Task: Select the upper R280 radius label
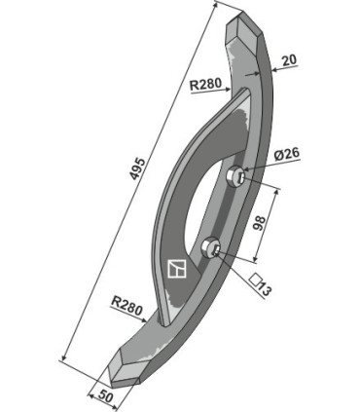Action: pos(205,85)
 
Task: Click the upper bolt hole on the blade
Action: pos(235,177)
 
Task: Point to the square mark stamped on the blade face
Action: pos(176,267)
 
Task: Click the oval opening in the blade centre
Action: pos(209,195)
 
